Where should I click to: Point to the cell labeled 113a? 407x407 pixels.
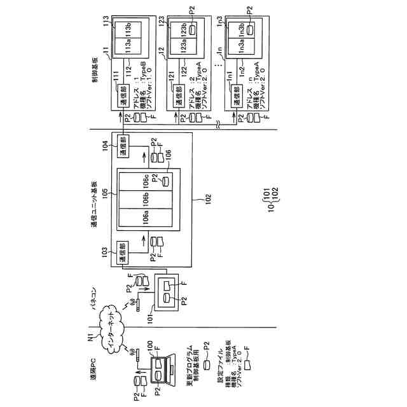click(127, 47)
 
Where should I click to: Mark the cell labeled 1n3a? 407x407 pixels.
click(240, 47)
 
